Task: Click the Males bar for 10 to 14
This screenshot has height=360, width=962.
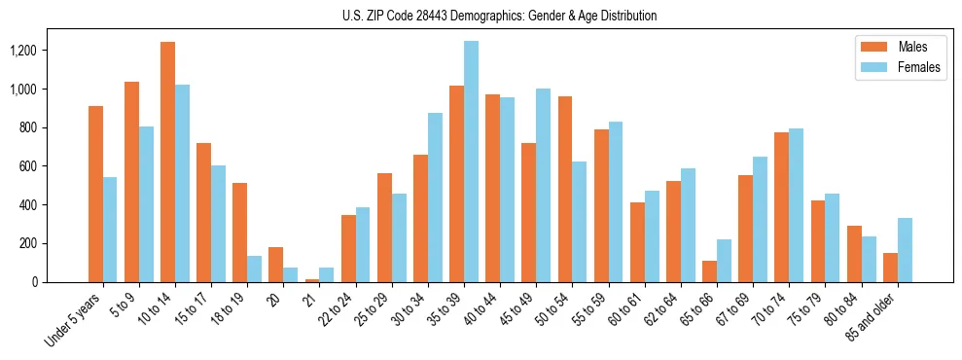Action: tap(168, 162)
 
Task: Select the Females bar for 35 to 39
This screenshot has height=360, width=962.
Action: tap(471, 162)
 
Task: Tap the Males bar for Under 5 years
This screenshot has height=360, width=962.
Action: tap(95, 195)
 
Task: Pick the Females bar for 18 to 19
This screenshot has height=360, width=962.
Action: tap(254, 270)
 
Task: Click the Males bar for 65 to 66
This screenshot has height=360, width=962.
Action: tap(710, 271)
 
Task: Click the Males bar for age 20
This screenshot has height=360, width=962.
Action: tap(276, 265)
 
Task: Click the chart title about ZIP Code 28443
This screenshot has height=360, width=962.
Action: tap(499, 16)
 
